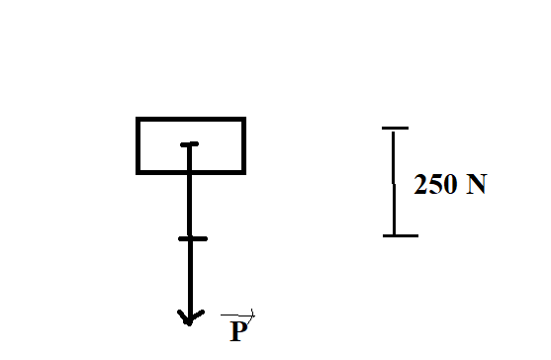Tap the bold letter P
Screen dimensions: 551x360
pos(239,331)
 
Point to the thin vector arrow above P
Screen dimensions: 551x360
pos(237,315)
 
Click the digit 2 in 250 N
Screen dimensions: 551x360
pos(421,184)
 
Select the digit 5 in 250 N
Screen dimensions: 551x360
pos(436,184)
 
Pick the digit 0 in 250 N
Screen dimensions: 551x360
pos(451,184)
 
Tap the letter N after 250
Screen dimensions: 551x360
pos(477,184)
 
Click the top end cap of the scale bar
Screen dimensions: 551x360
pos(395,129)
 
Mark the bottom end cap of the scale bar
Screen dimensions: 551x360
pos(401,235)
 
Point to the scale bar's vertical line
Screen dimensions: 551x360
pos(394,183)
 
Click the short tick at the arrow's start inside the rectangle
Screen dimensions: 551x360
pos(189,144)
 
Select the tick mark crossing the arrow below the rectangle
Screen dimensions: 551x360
pos(193,238)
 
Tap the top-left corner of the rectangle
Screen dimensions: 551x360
pos(138,119)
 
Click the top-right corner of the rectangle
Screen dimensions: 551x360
pos(244,119)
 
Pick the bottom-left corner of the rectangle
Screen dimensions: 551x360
pos(138,172)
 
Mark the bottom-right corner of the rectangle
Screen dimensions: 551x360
pos(244,172)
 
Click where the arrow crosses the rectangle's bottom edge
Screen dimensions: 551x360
pos(190,172)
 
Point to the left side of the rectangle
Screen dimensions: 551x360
pos(138,145)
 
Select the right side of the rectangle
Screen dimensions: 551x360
pos(244,145)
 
